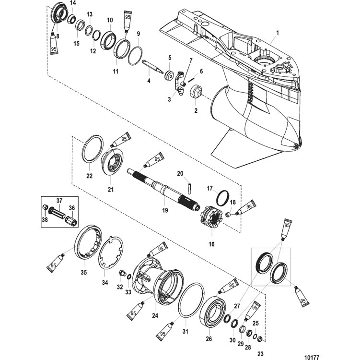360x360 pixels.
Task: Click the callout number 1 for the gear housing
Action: pos(278,33)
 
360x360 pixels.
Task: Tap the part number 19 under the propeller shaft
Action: pos(165,210)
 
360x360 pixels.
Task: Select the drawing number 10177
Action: pos(312,357)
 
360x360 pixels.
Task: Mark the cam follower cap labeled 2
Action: pos(196,92)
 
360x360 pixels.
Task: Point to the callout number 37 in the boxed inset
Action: pos(59,201)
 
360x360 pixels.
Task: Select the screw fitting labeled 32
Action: pos(122,273)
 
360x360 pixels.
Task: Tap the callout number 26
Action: pos(209,338)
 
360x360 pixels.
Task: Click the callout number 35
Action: pos(84,272)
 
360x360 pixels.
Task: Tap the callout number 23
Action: pos(261,354)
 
